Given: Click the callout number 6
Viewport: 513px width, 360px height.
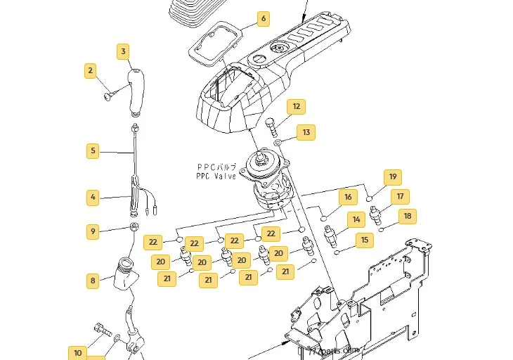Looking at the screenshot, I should tap(264, 18).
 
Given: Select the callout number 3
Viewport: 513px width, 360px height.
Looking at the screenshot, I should tap(124, 51).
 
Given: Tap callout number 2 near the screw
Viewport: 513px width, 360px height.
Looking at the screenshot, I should tap(90, 70).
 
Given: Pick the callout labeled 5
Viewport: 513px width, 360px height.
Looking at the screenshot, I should tap(93, 150).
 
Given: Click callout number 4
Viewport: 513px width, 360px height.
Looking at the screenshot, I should tap(93, 198).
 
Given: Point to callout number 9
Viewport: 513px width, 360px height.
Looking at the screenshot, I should tap(93, 231).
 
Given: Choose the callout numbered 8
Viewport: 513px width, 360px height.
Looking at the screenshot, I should tap(93, 281).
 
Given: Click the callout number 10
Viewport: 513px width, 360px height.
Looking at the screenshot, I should tap(77, 353).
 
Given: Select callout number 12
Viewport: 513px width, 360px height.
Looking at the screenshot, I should tap(297, 107).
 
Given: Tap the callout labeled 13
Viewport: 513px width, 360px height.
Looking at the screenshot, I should tap(306, 132).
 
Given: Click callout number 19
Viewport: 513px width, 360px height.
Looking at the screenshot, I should tap(393, 177).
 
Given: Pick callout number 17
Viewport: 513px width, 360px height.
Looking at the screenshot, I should tap(401, 197).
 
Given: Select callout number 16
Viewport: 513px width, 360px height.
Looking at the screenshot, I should tap(348, 198).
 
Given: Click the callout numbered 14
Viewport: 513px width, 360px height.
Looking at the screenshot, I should tap(357, 220).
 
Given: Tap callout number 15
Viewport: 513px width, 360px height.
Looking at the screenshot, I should tap(365, 240).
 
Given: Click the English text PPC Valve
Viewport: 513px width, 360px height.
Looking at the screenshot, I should tap(216, 176).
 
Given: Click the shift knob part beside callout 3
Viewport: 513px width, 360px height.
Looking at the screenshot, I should tap(138, 91).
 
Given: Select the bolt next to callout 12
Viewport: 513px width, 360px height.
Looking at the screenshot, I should tap(272, 127).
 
